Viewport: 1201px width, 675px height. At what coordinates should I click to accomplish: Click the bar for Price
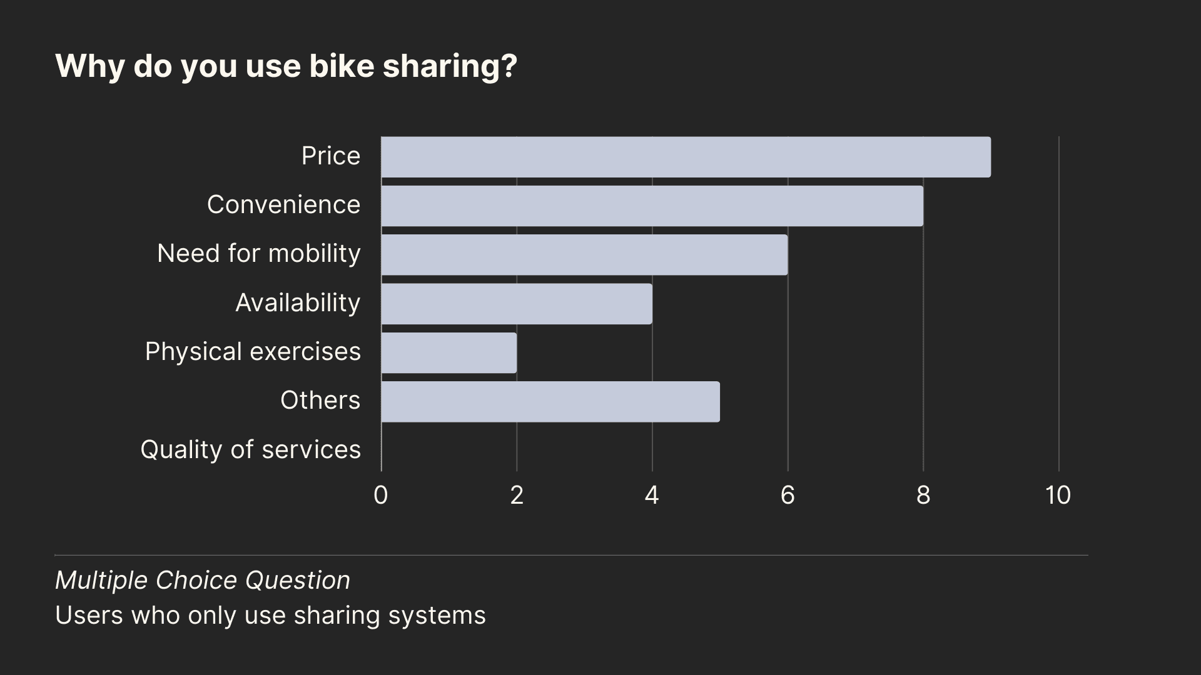(x=686, y=157)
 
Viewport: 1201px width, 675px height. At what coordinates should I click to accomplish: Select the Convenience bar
(x=652, y=206)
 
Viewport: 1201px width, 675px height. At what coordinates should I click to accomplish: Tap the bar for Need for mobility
(x=584, y=254)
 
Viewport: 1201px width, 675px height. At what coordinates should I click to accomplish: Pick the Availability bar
(x=517, y=304)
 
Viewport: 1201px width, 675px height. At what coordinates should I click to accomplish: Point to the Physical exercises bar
(x=448, y=352)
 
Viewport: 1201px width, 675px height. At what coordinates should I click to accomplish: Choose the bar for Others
(x=550, y=401)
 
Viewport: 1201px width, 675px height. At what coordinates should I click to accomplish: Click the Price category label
(x=330, y=156)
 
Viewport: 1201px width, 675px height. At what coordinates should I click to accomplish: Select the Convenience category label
(x=283, y=205)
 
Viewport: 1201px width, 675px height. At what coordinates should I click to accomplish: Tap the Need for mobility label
(x=259, y=254)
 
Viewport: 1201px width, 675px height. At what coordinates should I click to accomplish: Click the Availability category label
(x=298, y=303)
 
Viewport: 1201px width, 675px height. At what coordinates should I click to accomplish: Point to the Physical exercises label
(x=253, y=352)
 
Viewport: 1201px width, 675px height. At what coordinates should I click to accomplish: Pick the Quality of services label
(x=250, y=450)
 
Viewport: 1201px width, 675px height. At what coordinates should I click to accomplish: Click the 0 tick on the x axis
(x=380, y=496)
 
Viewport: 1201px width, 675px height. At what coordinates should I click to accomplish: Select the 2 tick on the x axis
(x=517, y=496)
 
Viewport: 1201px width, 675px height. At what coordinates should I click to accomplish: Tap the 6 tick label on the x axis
(x=788, y=496)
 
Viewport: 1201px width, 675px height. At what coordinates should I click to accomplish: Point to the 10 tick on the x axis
(x=1058, y=496)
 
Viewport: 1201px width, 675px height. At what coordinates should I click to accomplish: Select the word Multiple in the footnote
(x=102, y=581)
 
